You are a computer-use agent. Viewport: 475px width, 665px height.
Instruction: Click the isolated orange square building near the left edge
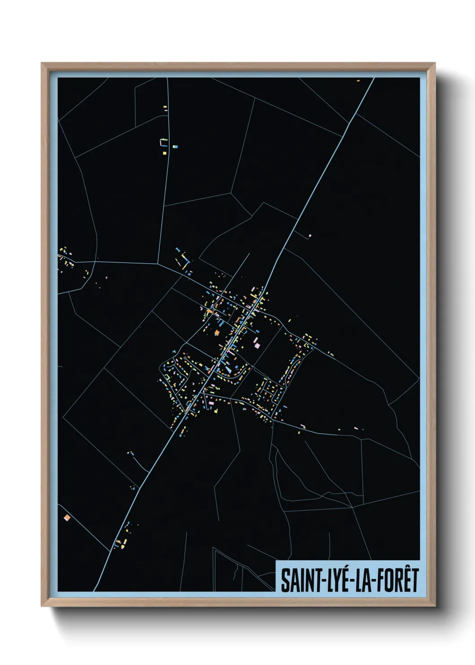click(67, 518)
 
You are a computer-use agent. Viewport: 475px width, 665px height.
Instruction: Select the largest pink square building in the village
click(257, 345)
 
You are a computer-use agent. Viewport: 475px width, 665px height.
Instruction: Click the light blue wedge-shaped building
click(229, 370)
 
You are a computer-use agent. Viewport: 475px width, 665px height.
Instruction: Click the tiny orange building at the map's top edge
click(358, 80)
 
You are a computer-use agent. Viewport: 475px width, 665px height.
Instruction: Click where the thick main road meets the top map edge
click(373, 79)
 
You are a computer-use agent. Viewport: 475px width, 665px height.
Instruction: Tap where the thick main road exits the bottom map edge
click(95, 590)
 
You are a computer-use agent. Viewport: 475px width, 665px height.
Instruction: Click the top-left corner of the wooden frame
click(42, 63)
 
